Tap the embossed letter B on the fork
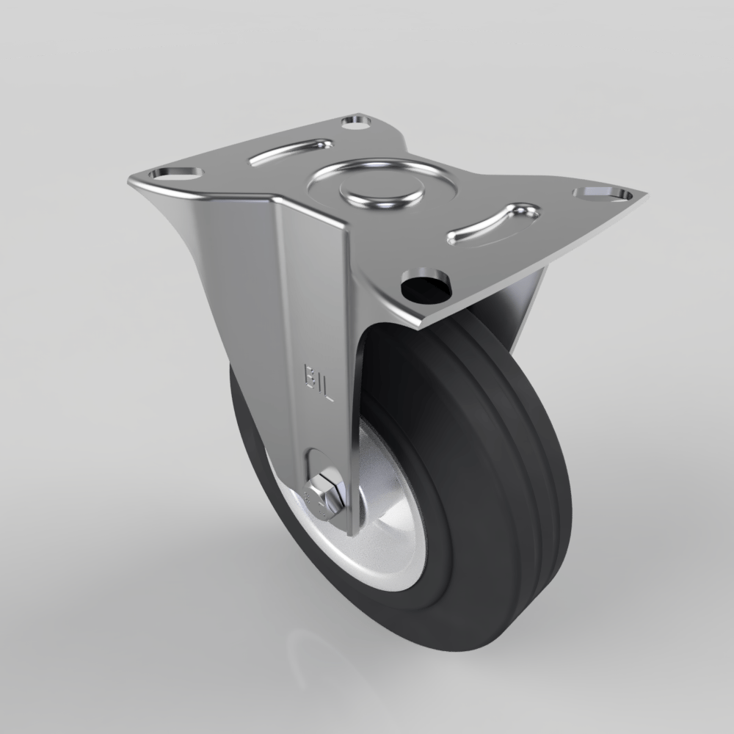(310, 374)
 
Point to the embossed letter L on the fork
(327, 394)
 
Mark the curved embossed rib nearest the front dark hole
(493, 222)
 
